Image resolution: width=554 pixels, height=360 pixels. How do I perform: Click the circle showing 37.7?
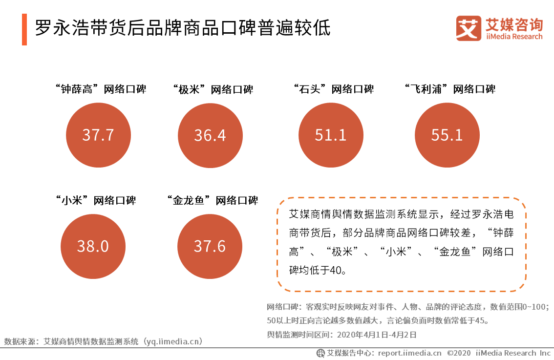98,135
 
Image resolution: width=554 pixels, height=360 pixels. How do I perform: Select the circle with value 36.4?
210,135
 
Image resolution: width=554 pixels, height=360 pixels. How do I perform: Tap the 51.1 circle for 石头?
331,135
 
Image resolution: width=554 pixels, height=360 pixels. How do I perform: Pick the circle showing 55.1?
447,135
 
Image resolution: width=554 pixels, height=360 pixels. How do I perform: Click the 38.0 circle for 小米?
92,246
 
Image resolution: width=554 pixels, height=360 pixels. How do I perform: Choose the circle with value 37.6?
210,246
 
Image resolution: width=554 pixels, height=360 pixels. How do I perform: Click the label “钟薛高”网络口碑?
101,89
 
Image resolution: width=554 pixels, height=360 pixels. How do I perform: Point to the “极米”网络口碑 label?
213,90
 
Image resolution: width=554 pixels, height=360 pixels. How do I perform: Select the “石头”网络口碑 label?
334,89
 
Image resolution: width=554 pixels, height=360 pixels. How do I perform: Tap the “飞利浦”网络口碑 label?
450,89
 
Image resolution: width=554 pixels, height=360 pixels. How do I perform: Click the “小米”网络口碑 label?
95,200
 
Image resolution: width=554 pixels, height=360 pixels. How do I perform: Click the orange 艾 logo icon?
469,28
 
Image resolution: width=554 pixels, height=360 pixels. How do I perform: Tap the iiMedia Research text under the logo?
514,37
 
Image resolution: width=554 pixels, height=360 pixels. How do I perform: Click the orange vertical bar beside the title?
24,29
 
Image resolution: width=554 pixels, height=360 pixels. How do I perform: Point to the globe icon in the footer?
321,353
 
